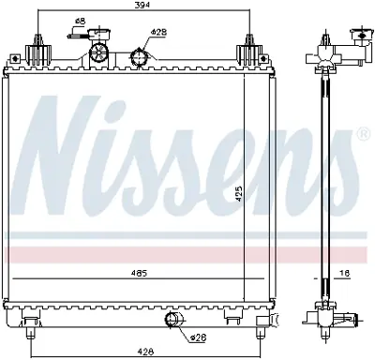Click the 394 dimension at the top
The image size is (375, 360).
pos(142,6)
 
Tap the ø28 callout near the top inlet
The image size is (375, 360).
pos(158,32)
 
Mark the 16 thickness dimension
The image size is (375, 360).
pos(345,274)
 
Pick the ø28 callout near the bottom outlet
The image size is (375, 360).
pos(198,337)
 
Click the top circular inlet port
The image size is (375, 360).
pos(142,58)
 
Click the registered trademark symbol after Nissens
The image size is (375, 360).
pos(361,136)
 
